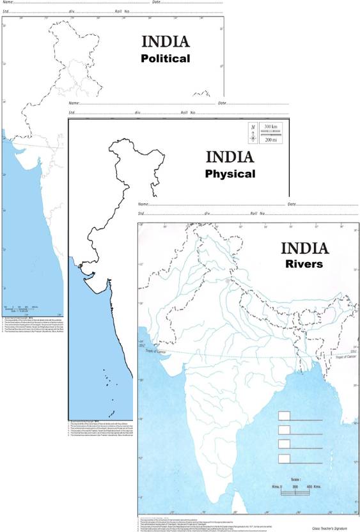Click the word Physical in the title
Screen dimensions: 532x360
click(x=230, y=173)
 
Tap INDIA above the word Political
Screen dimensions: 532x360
click(x=166, y=42)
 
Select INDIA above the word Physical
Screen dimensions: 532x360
click(x=230, y=157)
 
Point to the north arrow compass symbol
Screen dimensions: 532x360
click(x=254, y=136)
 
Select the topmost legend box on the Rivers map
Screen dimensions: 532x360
click(x=284, y=416)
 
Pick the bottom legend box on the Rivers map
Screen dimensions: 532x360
click(x=284, y=457)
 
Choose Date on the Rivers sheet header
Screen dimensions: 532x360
click(x=293, y=204)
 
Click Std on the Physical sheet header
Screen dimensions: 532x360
click(x=72, y=113)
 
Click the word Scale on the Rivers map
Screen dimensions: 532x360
click(x=294, y=478)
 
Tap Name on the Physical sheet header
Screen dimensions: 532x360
click(x=74, y=103)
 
